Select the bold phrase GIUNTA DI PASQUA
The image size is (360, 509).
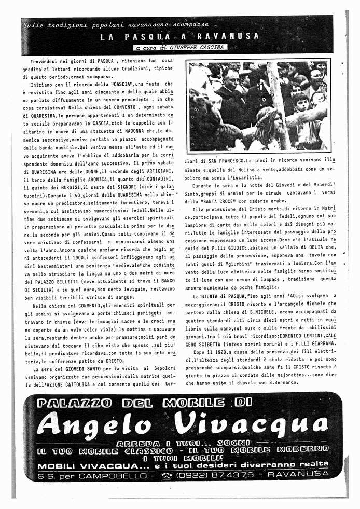(x=216, y=295)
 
